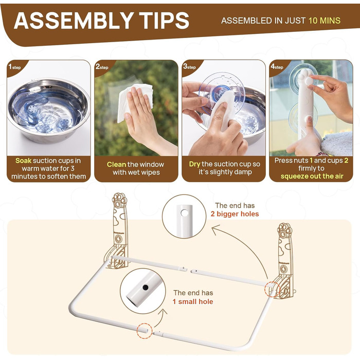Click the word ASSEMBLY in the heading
74,21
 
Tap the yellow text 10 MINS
325,21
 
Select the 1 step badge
14,67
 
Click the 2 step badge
102,67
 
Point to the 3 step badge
189,67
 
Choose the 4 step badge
277,67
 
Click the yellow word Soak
23,160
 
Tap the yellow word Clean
116,165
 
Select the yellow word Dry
194,165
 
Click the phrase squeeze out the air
312,176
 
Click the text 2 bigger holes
235,214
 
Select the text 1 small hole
193,301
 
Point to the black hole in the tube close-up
146,287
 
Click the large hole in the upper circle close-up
184,213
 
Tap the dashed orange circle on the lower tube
145,331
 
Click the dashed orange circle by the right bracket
272,290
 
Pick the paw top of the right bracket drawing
285,229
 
